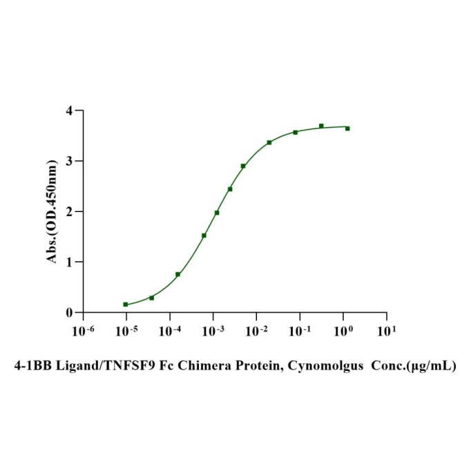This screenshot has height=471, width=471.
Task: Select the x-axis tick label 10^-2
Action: point(259,331)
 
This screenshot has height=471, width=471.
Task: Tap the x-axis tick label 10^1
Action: point(388,331)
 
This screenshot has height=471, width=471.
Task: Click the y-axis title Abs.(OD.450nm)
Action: point(51,211)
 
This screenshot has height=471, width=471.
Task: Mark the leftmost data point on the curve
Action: point(126,305)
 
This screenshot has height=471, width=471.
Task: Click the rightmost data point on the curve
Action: point(347,128)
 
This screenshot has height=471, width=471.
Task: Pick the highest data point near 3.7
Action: point(321,126)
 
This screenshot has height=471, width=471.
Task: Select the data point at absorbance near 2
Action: point(217,213)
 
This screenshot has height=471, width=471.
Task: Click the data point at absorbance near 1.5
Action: point(204,236)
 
